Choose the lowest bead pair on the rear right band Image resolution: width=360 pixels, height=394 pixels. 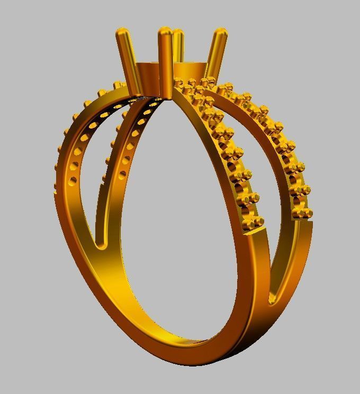(x=302, y=214)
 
